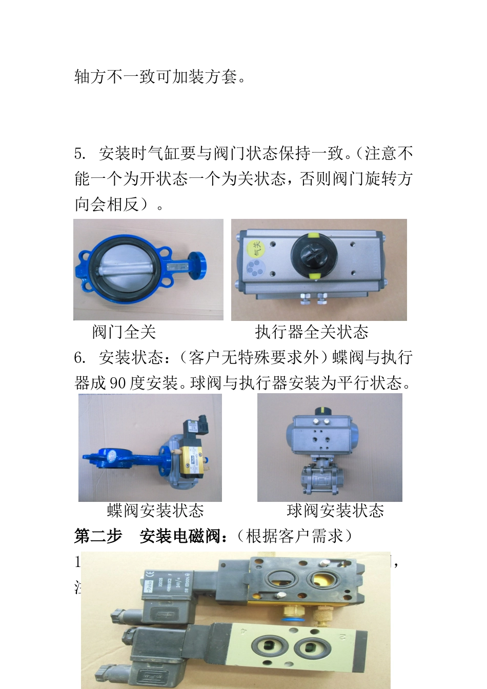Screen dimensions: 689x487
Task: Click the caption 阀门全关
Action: tap(124, 332)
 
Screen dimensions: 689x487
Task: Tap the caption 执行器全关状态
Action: tap(312, 332)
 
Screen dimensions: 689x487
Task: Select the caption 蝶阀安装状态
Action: tap(155, 511)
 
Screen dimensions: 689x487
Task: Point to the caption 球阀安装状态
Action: tap(335, 511)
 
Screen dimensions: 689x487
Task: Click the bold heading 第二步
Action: tap(98, 536)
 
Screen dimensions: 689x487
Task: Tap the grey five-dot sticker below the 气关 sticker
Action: tap(253, 268)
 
